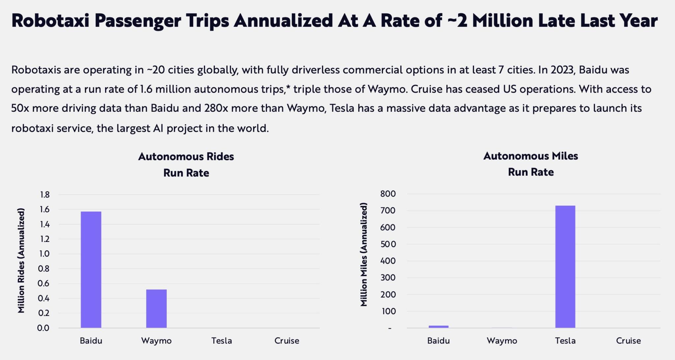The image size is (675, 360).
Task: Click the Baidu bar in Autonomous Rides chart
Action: [91, 270]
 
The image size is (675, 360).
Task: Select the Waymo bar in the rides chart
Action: [156, 309]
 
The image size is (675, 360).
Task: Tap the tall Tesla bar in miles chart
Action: [565, 267]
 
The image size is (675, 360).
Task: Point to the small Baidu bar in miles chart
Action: [438, 327]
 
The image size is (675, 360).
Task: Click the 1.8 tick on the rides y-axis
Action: [44, 195]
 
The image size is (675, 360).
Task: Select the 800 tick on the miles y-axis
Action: [388, 194]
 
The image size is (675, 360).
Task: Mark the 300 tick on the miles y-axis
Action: [388, 278]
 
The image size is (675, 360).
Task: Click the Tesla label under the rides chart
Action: [221, 341]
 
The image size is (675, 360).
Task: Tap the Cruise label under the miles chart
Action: [628, 341]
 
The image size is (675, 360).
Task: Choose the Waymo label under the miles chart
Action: [502, 341]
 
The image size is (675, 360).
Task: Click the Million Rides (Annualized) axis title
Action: [21, 260]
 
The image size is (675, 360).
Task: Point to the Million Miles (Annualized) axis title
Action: [364, 255]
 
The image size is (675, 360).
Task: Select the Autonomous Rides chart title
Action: [186, 156]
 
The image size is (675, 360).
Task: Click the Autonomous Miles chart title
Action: [530, 156]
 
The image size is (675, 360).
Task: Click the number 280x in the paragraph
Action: [216, 108]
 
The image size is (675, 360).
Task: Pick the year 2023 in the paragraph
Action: [562, 70]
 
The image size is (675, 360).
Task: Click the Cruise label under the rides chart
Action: [287, 341]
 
